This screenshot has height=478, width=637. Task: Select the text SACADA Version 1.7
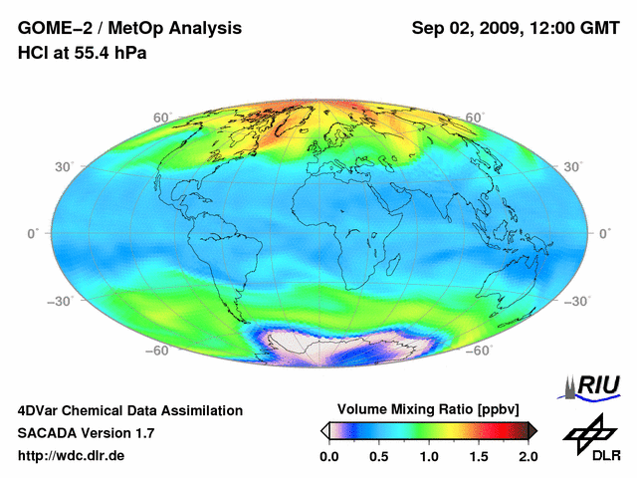pyautogui.click(x=86, y=433)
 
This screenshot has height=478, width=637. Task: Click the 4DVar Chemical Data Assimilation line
pyautogui.click(x=129, y=410)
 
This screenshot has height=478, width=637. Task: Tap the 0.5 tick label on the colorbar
pyautogui.click(x=378, y=456)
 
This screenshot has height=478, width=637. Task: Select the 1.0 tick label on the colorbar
pyautogui.click(x=429, y=456)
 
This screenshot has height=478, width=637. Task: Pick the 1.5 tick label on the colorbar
pyautogui.click(x=479, y=456)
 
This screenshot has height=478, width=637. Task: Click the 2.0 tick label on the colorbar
pyautogui.click(x=529, y=456)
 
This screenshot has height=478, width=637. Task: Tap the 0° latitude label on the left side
pyautogui.click(x=32, y=233)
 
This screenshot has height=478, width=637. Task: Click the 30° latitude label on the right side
pyautogui.click(x=574, y=166)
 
